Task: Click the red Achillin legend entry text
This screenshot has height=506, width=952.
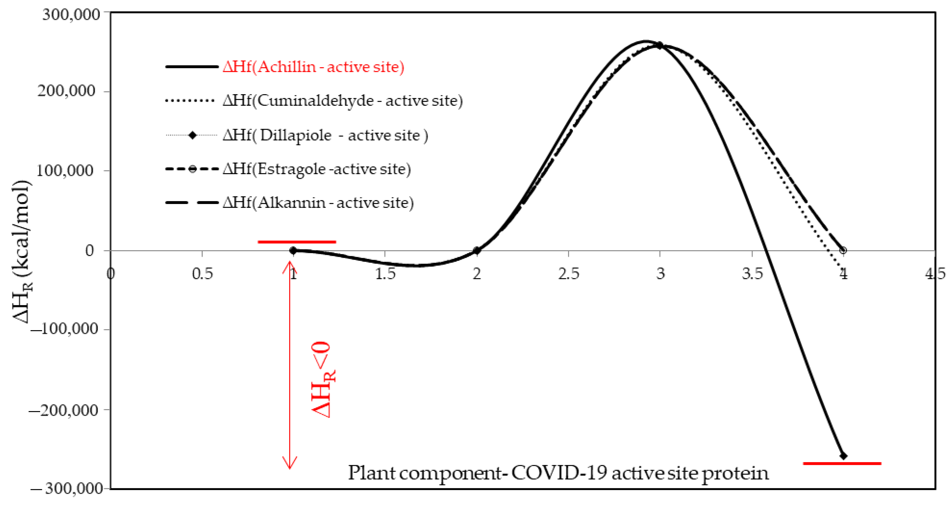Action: pyautogui.click(x=313, y=67)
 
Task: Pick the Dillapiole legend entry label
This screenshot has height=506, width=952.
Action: pyautogui.click(x=325, y=135)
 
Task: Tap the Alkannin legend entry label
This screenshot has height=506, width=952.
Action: pyautogui.click(x=318, y=203)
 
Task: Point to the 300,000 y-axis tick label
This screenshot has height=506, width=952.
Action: pyautogui.click(x=71, y=15)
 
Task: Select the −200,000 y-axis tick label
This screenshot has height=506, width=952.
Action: pyautogui.click(x=64, y=409)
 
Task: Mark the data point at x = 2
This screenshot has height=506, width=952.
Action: pyautogui.click(x=477, y=251)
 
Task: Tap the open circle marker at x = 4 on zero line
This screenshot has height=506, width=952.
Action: pyautogui.click(x=843, y=251)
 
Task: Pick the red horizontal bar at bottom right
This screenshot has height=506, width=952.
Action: pyautogui.click(x=842, y=463)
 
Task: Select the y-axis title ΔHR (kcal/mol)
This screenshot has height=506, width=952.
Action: pyautogui.click(x=22, y=251)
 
